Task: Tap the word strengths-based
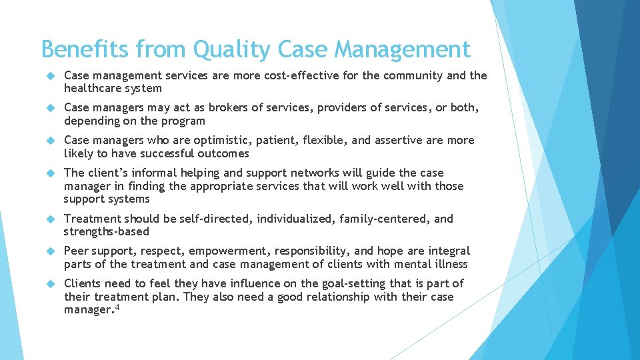pyautogui.click(x=107, y=232)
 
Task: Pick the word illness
pyautogui.click(x=450, y=264)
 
